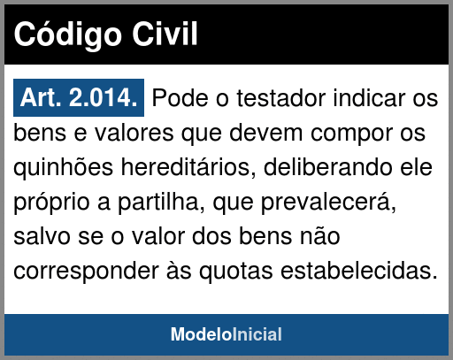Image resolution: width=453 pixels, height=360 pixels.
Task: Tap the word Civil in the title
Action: (165, 34)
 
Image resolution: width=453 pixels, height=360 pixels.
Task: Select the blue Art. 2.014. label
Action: (79, 97)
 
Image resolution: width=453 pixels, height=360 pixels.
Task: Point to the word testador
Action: (281, 98)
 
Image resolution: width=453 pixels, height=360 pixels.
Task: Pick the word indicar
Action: (369, 98)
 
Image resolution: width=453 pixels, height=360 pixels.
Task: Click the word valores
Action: (134, 133)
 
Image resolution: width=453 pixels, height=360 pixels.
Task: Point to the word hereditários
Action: (188, 167)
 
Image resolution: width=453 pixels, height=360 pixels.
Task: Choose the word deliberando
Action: (328, 167)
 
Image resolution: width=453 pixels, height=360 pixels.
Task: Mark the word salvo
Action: (42, 236)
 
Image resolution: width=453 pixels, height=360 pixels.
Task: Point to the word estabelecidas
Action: (359, 271)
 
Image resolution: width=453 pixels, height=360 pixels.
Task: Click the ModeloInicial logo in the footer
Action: (226, 334)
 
